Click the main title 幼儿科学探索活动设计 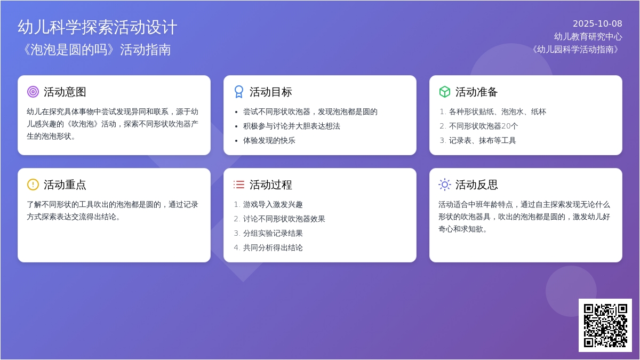[98, 27]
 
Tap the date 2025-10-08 [597, 23]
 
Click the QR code [605, 325]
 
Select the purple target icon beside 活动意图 [33, 92]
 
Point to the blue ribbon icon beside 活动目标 [239, 92]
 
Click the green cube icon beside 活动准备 [445, 92]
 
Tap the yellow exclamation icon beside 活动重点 [33, 185]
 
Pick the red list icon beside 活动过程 [239, 185]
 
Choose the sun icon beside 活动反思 [445, 185]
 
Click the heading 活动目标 [270, 92]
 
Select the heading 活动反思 [477, 185]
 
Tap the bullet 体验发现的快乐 [269, 141]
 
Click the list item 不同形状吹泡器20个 [483, 126]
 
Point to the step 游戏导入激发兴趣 [273, 205]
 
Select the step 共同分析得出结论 [273, 247]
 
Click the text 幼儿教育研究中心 [588, 37]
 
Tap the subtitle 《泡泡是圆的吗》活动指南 [97, 50]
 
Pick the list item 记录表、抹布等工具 [482, 141]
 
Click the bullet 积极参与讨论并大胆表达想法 [292, 126]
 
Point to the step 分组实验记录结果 [273, 234]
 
